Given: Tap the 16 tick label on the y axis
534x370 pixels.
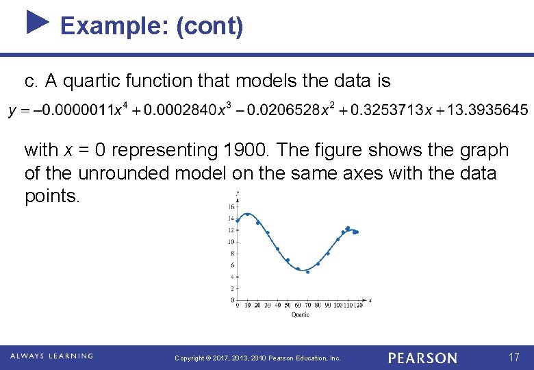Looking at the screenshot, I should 231,206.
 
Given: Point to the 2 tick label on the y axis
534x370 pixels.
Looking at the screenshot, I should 233,288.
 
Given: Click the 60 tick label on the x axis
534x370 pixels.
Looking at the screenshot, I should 298,305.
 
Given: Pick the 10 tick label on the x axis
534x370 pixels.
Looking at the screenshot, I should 247,305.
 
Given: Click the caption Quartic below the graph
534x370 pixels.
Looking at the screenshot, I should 300,314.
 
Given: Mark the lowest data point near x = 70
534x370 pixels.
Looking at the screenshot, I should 307,272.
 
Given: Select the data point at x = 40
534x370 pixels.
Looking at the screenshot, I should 277,249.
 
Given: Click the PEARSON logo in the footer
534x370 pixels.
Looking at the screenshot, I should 422,358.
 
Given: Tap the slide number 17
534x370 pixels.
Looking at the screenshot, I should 514,357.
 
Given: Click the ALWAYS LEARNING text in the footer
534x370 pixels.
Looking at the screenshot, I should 51,356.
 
